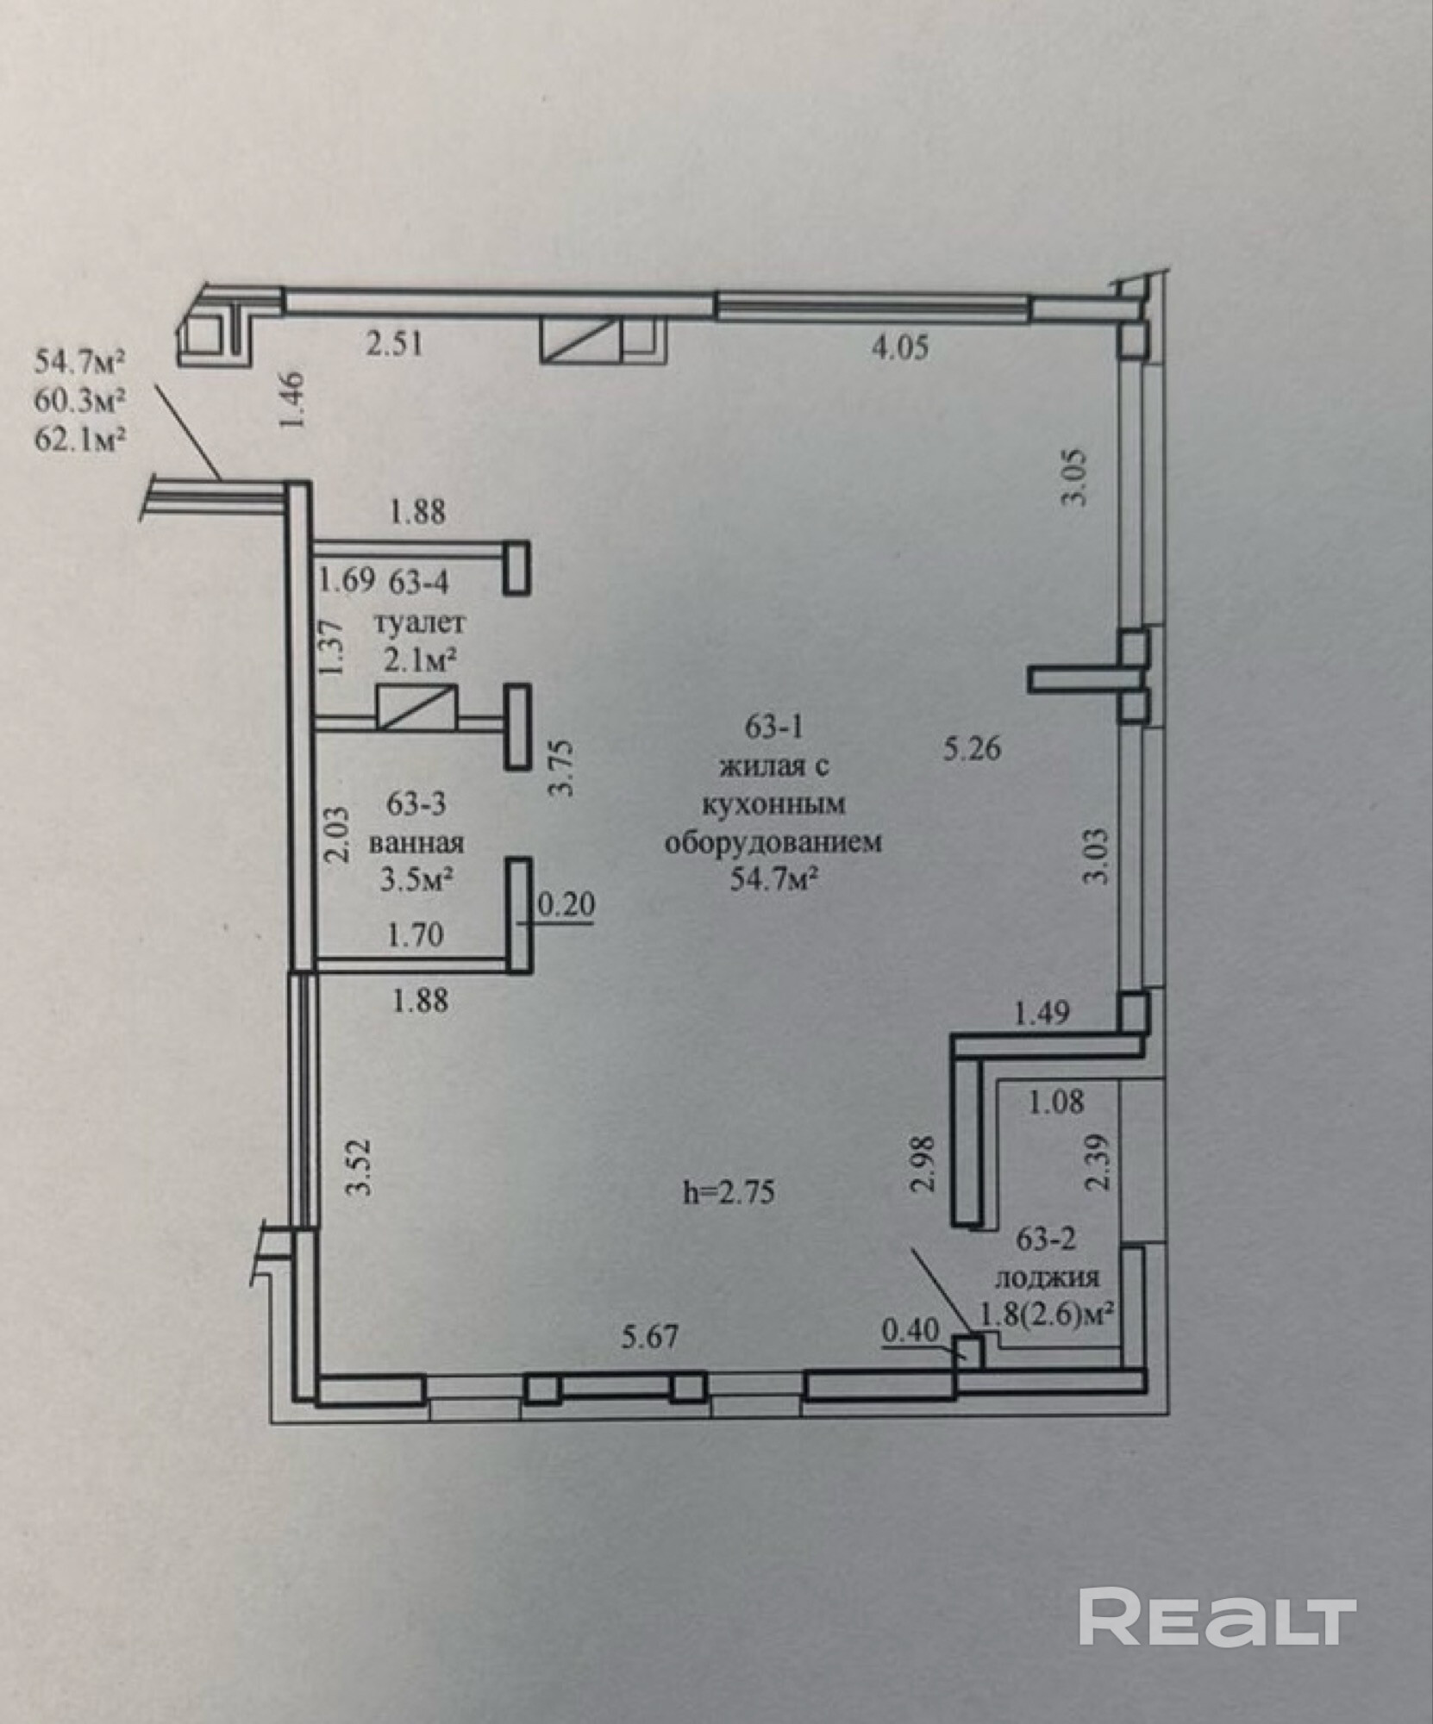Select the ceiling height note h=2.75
[729, 1192]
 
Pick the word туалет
[419, 622]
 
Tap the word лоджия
[1047, 1277]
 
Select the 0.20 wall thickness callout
[566, 905]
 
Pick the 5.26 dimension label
[971, 749]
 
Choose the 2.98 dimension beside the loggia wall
[923, 1164]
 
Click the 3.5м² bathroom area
[418, 880]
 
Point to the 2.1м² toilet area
[419, 660]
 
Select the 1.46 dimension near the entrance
[293, 399]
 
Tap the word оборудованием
[773, 841]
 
